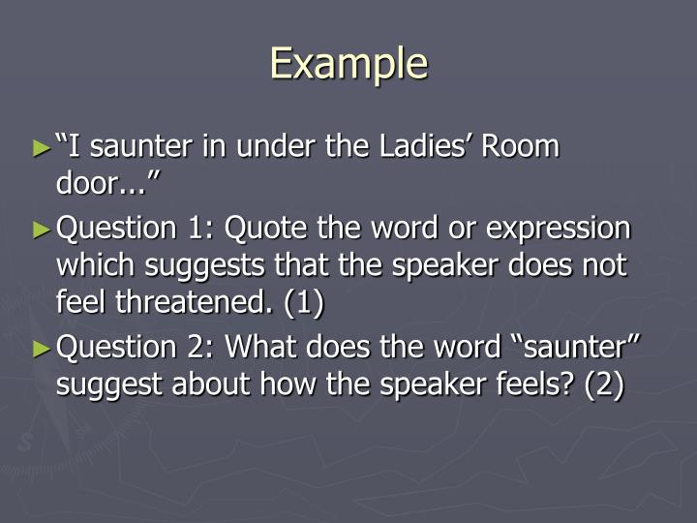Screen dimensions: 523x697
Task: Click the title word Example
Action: coord(348,64)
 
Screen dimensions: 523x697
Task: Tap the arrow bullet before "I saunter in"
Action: coord(40,149)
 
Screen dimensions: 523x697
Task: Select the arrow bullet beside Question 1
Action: coord(40,231)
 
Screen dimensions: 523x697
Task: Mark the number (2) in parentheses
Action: coord(602,385)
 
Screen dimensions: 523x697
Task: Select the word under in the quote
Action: coord(282,147)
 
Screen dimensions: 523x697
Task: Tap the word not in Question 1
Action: coord(608,266)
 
